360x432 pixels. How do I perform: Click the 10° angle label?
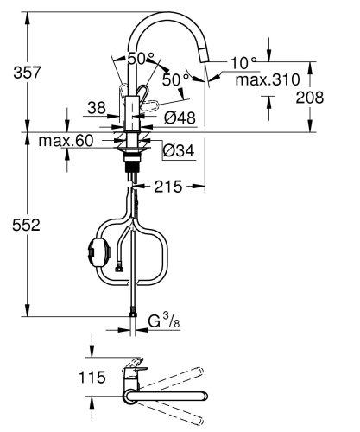click(243, 62)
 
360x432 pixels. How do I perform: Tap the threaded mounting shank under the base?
click(132, 160)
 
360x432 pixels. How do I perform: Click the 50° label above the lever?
click(140, 59)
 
